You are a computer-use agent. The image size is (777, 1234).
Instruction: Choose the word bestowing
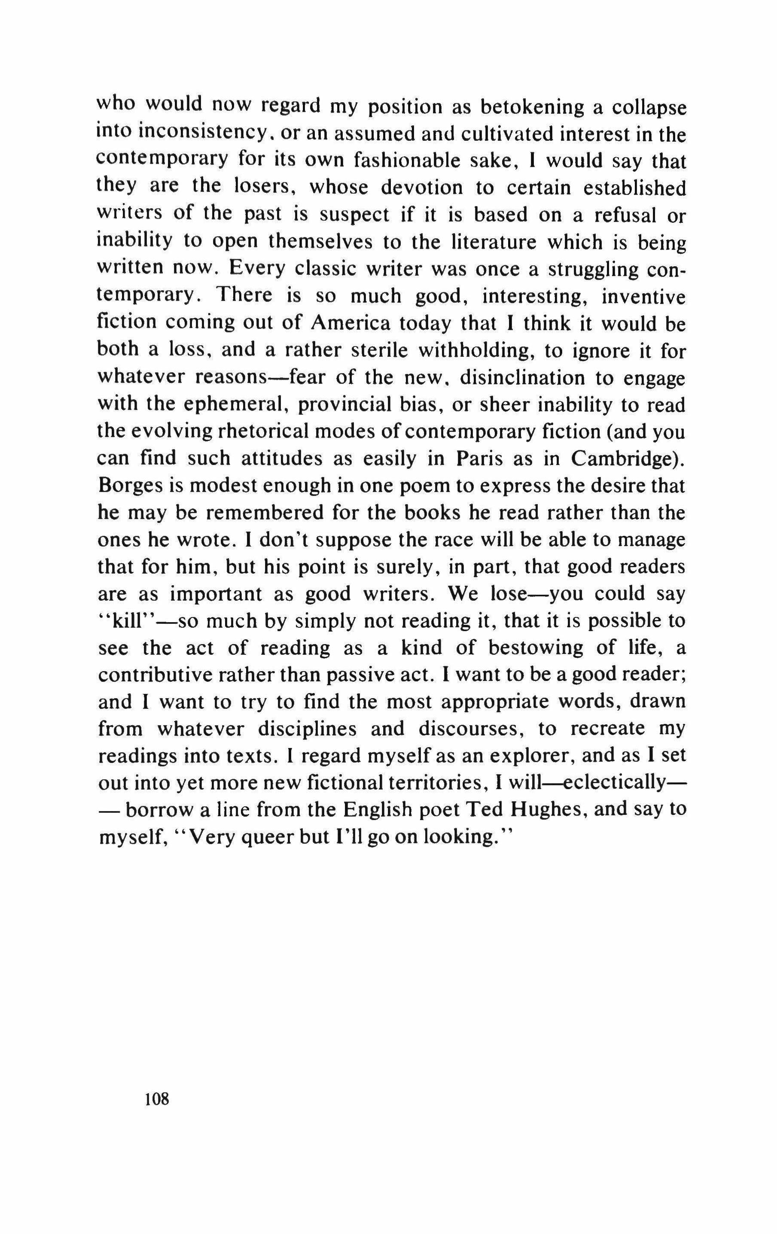(535, 648)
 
